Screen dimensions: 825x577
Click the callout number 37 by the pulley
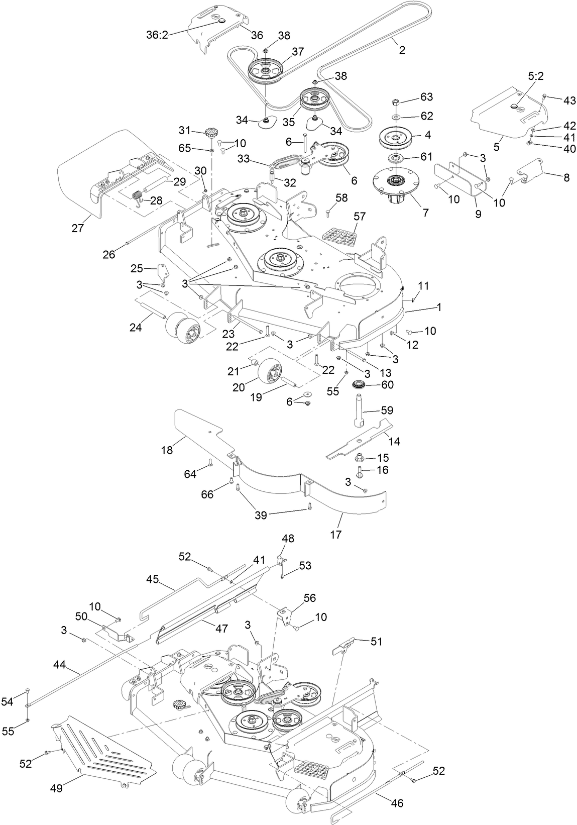point(298,51)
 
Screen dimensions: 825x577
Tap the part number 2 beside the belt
point(402,50)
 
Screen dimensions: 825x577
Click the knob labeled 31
point(211,134)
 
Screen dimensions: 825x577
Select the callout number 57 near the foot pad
point(360,217)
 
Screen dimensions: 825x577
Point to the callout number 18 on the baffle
point(167,450)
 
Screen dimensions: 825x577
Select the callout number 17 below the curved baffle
point(335,535)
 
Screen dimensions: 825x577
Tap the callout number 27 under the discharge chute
point(78,228)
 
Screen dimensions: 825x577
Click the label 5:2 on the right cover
point(536,76)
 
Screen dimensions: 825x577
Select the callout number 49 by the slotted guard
point(56,788)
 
